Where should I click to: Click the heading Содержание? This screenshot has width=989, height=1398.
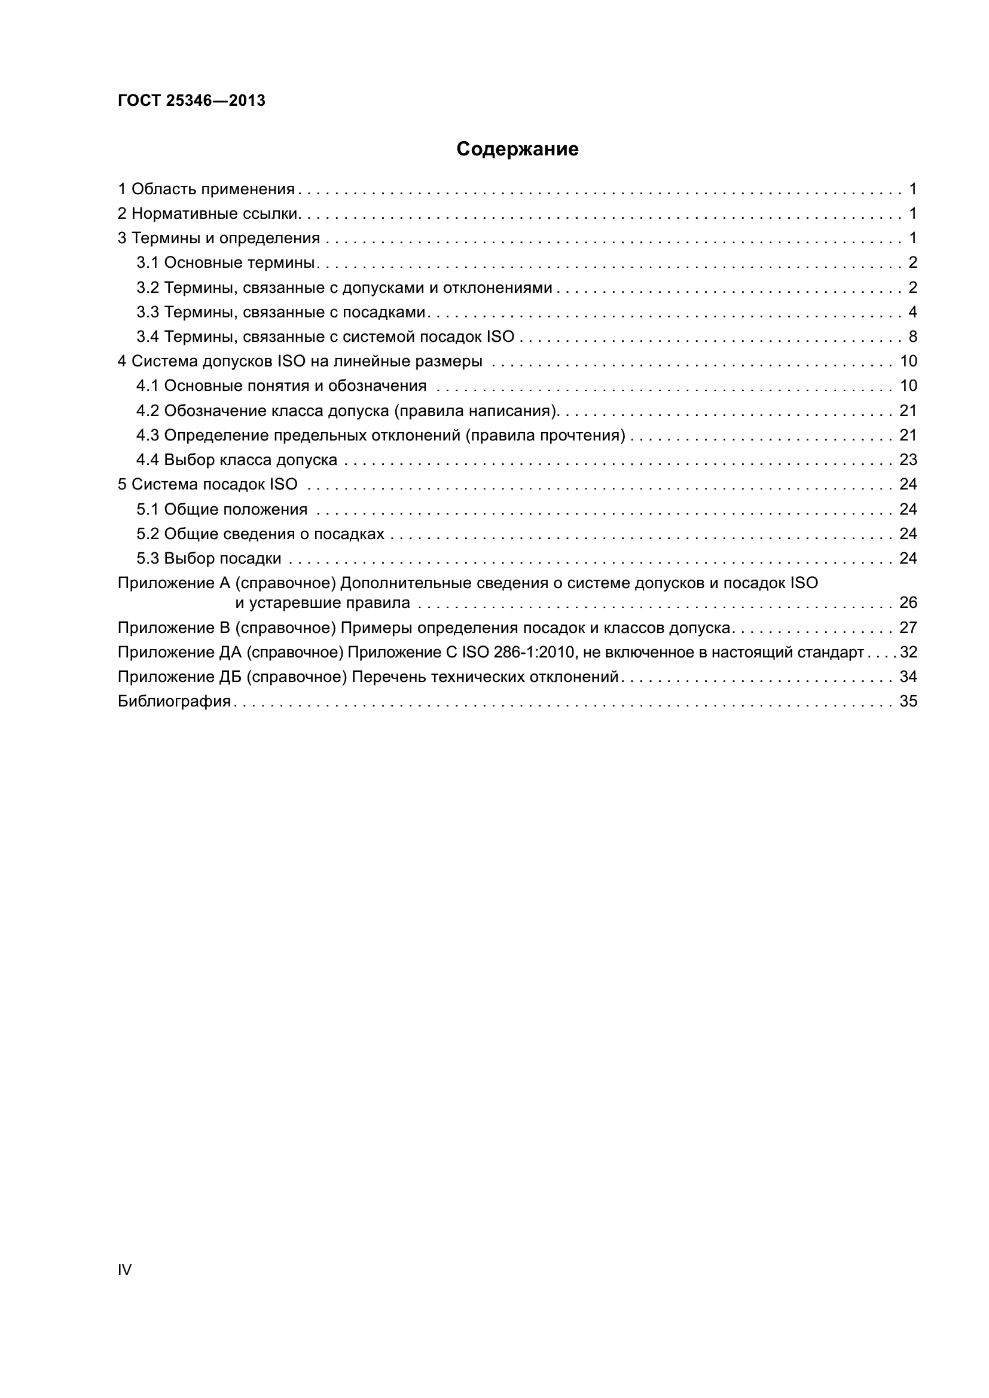[517, 149]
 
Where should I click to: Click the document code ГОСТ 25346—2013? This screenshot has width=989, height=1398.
[191, 100]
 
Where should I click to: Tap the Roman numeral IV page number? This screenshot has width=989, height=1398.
[124, 1269]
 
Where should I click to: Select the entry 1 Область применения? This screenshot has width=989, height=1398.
[206, 189]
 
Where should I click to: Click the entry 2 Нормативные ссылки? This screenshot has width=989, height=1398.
[207, 214]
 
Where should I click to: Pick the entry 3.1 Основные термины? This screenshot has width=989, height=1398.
[225, 263]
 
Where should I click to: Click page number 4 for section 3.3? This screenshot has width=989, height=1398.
[912, 313]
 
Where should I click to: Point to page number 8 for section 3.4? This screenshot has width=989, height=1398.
[912, 337]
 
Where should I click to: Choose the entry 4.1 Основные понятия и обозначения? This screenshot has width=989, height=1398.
[282, 386]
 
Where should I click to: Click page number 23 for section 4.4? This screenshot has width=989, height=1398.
[908, 460]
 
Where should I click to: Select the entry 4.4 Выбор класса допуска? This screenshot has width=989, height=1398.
[236, 460]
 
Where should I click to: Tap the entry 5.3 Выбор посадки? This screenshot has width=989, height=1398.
[209, 558]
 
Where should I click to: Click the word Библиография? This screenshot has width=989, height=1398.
[174, 702]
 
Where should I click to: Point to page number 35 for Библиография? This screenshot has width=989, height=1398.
[908, 702]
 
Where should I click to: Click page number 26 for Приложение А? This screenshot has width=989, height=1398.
[908, 603]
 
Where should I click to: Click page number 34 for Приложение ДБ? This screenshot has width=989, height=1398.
[908, 677]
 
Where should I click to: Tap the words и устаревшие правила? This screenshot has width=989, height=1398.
[323, 603]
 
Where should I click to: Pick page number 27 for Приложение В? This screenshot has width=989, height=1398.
[908, 628]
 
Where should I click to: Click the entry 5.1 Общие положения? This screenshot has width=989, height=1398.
[222, 509]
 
